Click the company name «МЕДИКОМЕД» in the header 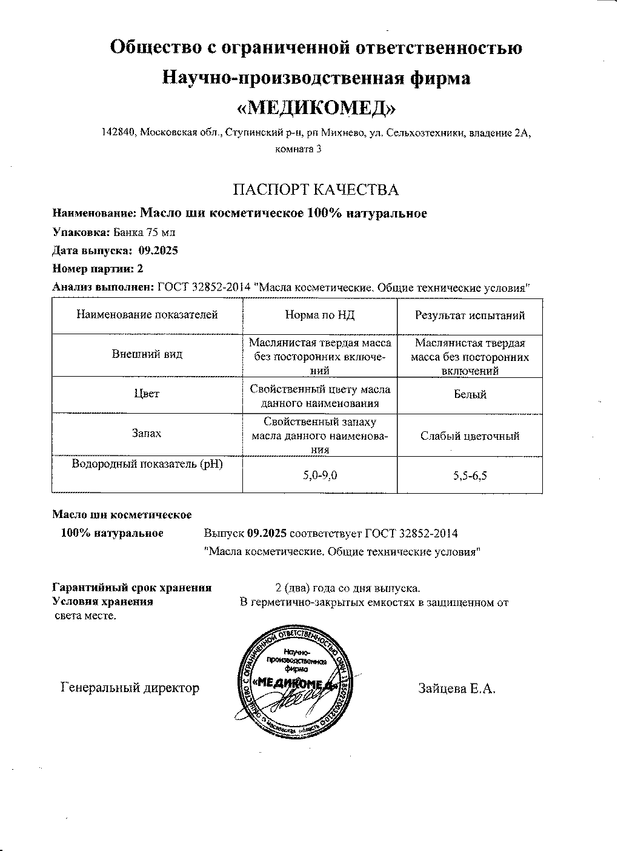(x=316, y=107)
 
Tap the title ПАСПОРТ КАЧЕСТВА (x=316, y=190)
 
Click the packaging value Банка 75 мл (x=144, y=232)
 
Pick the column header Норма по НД (x=319, y=315)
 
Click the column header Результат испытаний (x=470, y=315)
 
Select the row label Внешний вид (x=147, y=354)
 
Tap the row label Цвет (x=147, y=394)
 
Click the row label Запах (x=147, y=434)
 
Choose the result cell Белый (x=470, y=395)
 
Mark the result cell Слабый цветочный (x=470, y=436)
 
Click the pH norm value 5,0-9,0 (x=320, y=476)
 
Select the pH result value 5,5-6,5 (x=470, y=476)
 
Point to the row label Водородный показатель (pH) (x=147, y=465)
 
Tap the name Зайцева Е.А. (x=457, y=688)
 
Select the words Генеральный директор (x=130, y=688)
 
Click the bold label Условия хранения (x=103, y=602)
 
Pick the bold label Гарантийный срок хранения (x=132, y=587)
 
